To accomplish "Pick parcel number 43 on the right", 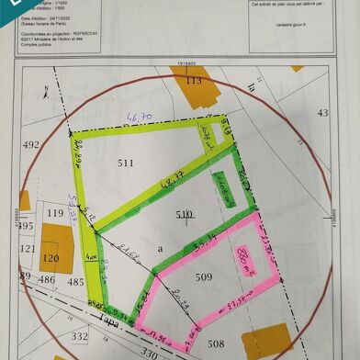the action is pyautogui.click(x=322, y=112).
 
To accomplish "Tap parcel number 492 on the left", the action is pyautogui.click(x=31, y=144).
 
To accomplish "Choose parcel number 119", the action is pyautogui.click(x=56, y=214).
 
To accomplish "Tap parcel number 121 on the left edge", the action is pyautogui.click(x=28, y=248).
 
